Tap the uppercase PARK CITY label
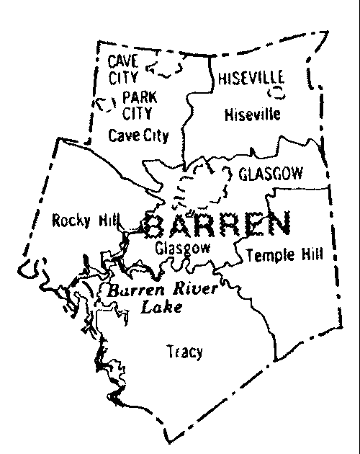coord(138,103)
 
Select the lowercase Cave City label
coord(138,135)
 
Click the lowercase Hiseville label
coord(251,114)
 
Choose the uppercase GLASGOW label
coord(270,174)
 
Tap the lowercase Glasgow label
coord(183,248)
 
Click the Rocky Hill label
coord(81,221)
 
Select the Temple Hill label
coord(284,254)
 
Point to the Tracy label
coord(184,352)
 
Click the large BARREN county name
coord(218,226)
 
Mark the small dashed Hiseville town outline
coord(276,93)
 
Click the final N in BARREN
coord(278,225)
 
